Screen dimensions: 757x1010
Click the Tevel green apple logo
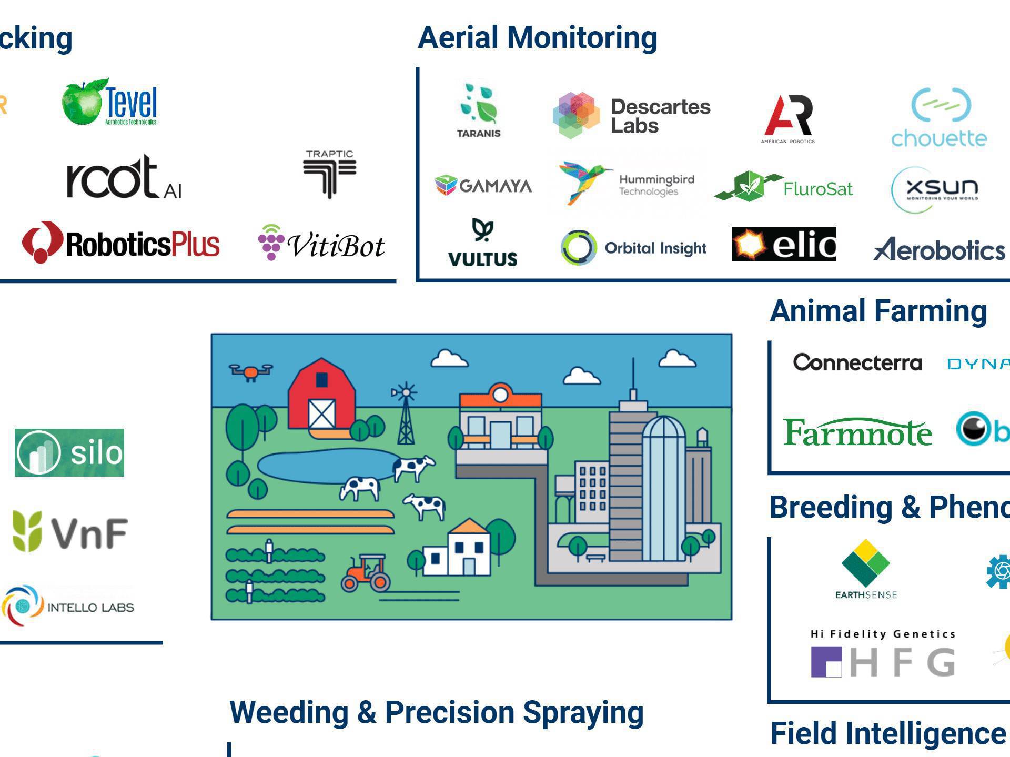(82, 103)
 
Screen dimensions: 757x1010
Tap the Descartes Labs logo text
(660, 116)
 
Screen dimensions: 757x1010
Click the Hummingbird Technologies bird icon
(583, 181)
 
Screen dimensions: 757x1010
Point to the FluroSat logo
(784, 187)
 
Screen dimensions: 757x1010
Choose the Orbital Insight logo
(634, 248)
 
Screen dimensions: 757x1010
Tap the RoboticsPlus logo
(121, 244)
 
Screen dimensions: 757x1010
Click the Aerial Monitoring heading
(537, 38)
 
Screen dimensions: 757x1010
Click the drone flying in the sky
(251, 371)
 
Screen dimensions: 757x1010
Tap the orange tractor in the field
(367, 574)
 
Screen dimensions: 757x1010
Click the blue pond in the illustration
(326, 466)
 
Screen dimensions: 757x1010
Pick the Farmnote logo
(857, 432)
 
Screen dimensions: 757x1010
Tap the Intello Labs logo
(68, 606)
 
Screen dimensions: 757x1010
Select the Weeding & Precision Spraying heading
(436, 712)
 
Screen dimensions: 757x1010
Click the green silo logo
(69, 452)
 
